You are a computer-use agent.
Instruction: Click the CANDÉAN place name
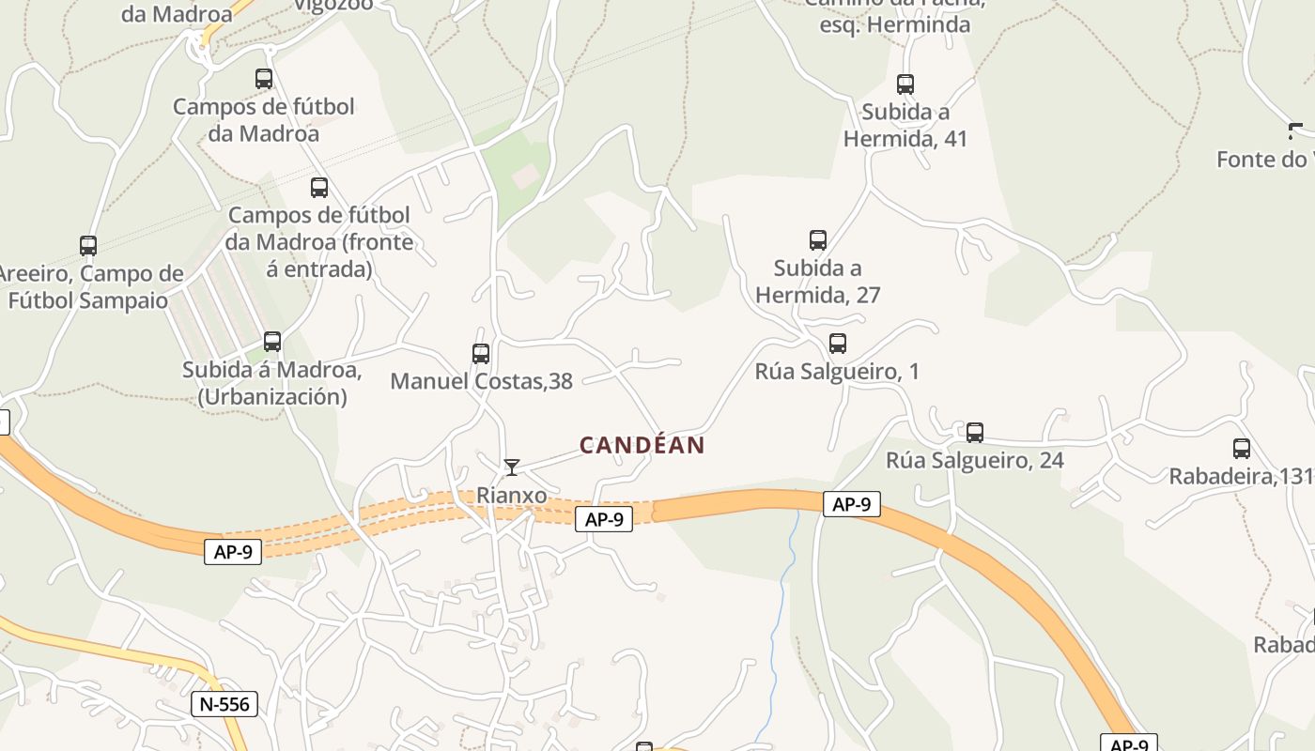tap(642, 445)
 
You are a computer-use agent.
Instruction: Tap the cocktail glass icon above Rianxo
tap(512, 467)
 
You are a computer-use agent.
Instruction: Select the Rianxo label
tap(512, 494)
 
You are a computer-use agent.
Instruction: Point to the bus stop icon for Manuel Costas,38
tap(481, 354)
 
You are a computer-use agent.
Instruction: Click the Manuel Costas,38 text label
tap(481, 381)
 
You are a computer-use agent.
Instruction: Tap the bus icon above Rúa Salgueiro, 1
tap(838, 344)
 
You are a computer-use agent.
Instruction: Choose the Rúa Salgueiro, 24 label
tap(975, 460)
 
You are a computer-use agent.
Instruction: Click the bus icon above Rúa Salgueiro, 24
tap(975, 433)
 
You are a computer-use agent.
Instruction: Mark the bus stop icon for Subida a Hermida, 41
tap(905, 84)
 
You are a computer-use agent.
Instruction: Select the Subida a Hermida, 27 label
tap(817, 282)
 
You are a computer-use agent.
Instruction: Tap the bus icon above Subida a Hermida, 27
tap(818, 240)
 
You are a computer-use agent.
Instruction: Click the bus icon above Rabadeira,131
tap(1242, 449)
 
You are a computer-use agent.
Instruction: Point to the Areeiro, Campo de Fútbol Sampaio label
tap(89, 287)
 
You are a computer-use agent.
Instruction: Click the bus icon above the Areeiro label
tap(88, 246)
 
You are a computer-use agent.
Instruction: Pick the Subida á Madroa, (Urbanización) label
tap(272, 383)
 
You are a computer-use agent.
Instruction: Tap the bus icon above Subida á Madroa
tap(272, 342)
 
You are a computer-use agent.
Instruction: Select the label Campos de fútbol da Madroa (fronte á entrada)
tap(319, 242)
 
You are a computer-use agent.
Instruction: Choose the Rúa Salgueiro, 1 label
tap(837, 372)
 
